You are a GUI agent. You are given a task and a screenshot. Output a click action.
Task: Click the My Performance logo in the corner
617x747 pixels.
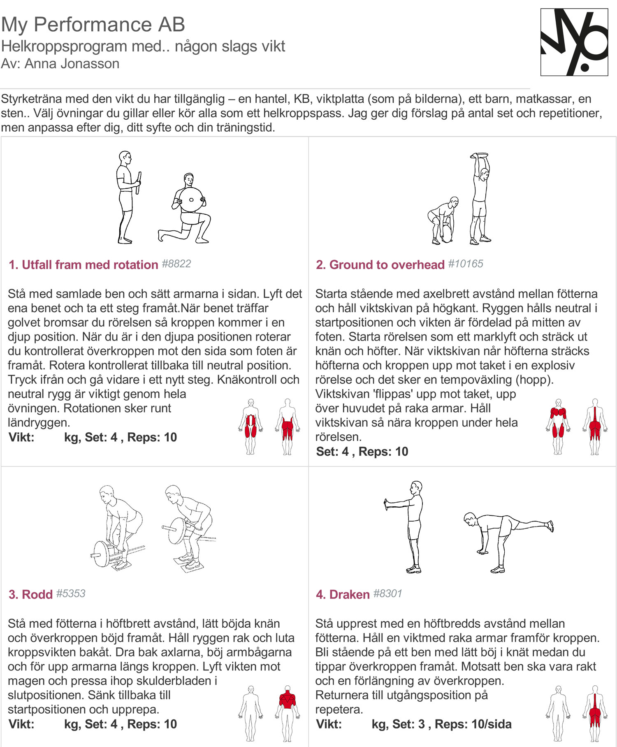point(574,42)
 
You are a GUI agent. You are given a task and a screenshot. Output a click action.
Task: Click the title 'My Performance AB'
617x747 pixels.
point(93,25)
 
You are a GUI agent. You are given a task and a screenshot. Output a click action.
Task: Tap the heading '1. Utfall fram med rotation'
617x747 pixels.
point(84,265)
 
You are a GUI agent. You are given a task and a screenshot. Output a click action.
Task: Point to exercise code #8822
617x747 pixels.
point(176,264)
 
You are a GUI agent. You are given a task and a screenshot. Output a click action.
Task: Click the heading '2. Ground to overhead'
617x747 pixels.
point(380,265)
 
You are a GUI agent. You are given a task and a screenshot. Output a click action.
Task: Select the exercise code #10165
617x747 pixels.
point(466,264)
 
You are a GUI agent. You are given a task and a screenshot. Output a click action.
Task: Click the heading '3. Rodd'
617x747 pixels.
point(30,595)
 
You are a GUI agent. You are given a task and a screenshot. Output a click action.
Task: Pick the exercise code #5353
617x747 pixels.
point(71,594)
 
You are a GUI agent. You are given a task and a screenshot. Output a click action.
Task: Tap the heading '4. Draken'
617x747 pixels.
point(343,595)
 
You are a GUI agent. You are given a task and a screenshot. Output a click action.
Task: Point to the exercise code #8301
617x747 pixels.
point(387,594)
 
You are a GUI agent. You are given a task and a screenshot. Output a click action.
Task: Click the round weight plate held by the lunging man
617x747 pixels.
point(191,200)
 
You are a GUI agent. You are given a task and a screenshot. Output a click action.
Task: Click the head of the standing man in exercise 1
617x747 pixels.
point(125,158)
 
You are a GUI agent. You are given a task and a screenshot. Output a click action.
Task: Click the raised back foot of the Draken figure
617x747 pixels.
point(550,526)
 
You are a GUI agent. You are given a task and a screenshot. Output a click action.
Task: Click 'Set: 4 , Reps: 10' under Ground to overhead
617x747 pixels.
point(362,452)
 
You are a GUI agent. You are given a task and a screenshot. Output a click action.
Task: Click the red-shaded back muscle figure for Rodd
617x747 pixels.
point(287,714)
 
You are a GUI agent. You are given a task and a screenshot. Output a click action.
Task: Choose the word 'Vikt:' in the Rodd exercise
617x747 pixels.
point(21,724)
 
